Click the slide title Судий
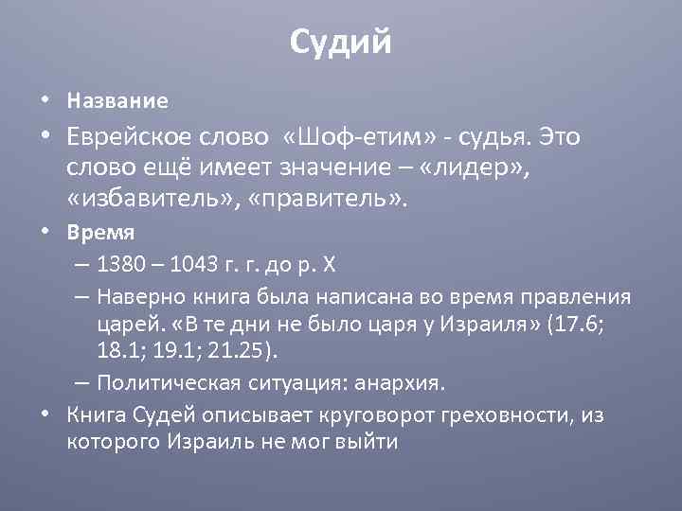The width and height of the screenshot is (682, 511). point(340,42)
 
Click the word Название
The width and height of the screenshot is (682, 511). point(117,100)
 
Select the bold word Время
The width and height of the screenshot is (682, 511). point(100,232)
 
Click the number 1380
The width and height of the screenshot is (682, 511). point(119,265)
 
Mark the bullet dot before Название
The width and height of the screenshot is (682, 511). point(45,100)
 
